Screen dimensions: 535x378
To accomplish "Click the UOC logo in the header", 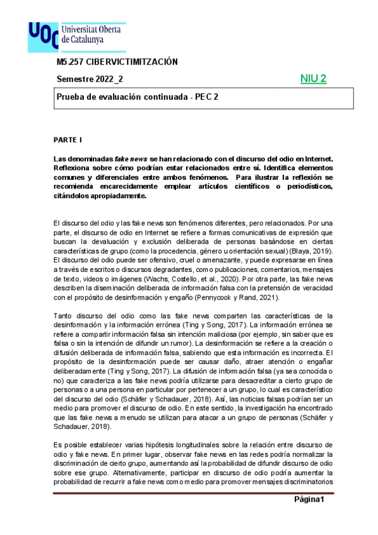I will tap(42, 37).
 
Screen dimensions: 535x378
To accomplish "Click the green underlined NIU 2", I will tap(313, 78).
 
